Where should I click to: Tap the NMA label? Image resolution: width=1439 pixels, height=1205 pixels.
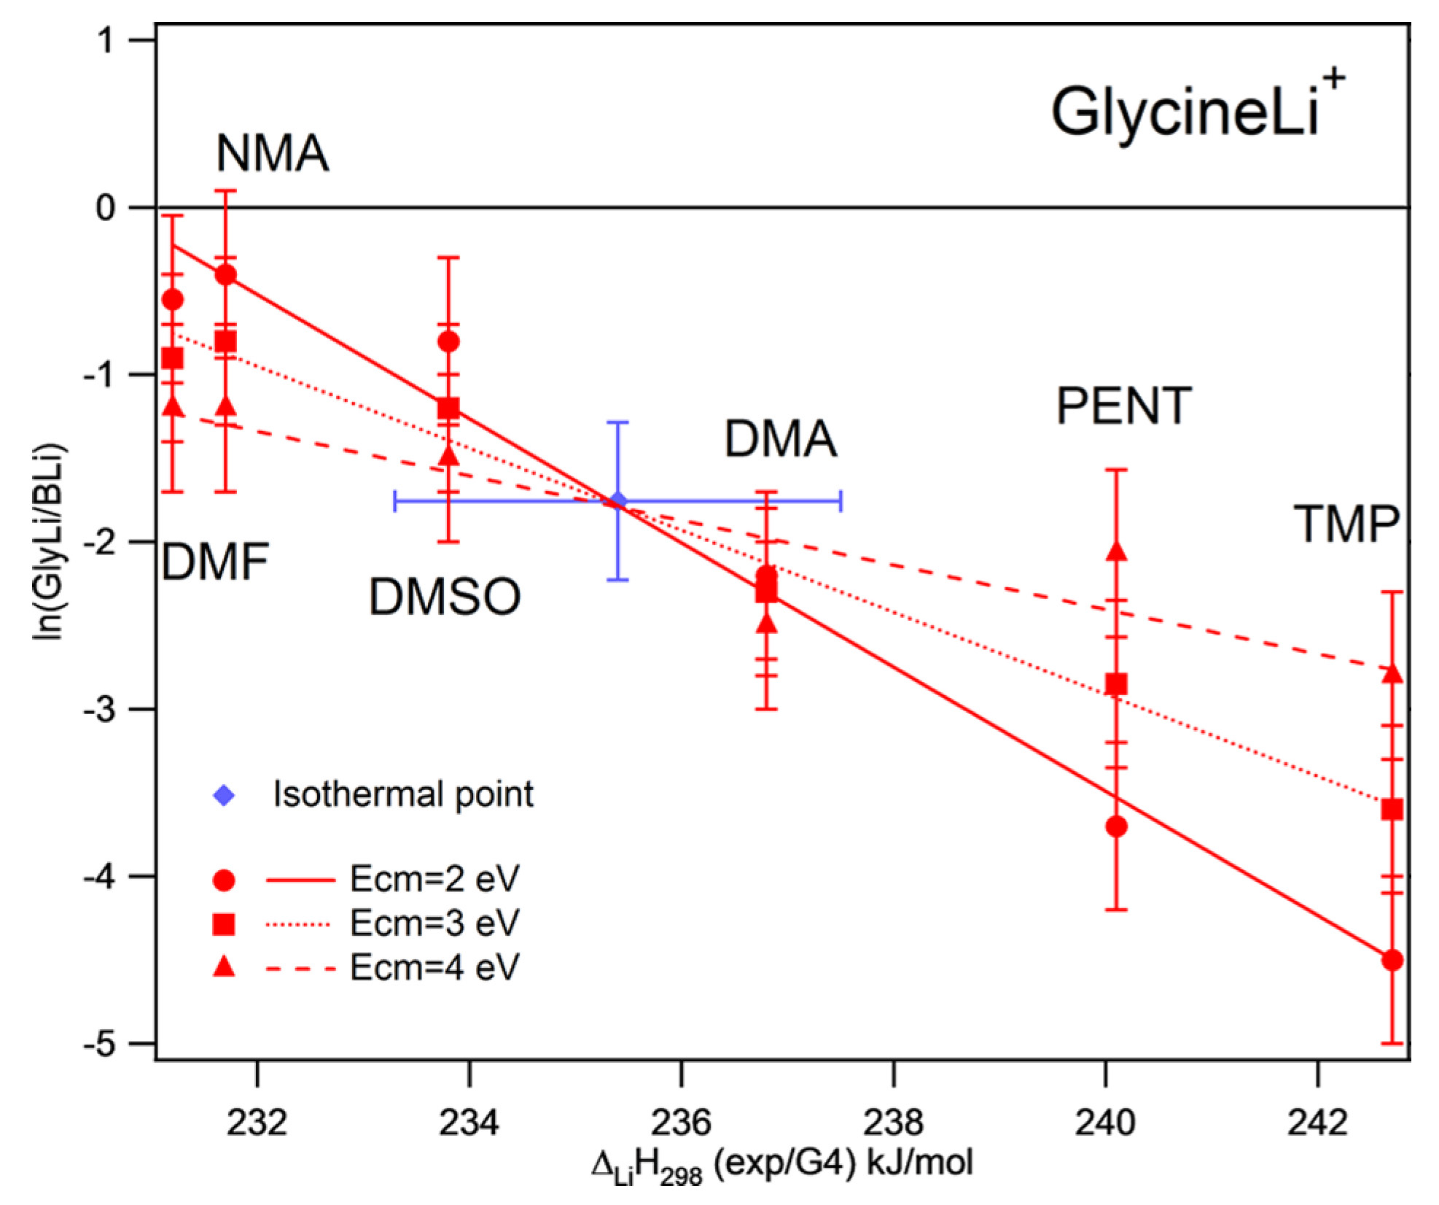click(272, 154)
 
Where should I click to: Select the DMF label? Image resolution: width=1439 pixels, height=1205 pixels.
click(215, 562)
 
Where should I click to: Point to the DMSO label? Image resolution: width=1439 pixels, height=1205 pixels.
click(445, 597)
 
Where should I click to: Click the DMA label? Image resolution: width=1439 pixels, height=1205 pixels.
click(780, 439)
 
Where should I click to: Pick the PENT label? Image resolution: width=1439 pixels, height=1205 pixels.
click(1123, 406)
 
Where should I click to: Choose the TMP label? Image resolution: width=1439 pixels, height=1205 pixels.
click(1346, 524)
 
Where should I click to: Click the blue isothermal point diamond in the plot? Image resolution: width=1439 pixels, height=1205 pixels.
click(618, 501)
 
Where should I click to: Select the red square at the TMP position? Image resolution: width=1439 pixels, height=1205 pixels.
click(1392, 810)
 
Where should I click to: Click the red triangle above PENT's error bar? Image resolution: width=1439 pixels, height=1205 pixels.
click(1116, 551)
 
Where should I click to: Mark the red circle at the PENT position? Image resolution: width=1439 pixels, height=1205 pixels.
click(1116, 827)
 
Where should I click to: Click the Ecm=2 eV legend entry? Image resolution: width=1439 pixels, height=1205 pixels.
click(434, 880)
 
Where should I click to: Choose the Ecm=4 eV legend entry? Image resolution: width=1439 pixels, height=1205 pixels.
click(434, 968)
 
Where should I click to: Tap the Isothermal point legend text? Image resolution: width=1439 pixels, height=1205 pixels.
click(402, 794)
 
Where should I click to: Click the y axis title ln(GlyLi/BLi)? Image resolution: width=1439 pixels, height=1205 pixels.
click(50, 541)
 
